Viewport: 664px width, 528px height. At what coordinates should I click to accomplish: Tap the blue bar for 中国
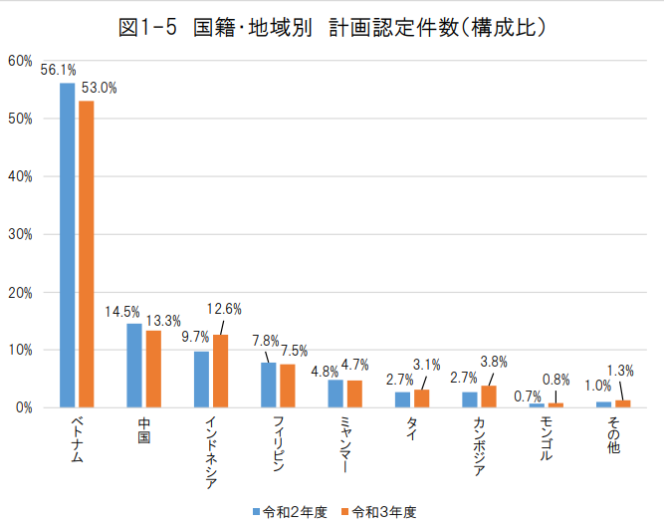(134, 366)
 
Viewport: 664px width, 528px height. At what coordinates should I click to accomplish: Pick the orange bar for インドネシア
(220, 371)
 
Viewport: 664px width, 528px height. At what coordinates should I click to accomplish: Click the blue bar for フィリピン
(269, 385)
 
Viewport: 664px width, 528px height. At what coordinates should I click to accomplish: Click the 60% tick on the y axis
(20, 61)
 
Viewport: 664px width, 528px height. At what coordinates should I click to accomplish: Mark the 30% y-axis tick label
(20, 234)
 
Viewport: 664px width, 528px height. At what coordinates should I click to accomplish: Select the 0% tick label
(23, 407)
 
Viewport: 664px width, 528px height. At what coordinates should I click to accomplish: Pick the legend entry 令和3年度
(378, 511)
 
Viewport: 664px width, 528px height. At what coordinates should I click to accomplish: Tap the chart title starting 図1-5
(332, 28)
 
